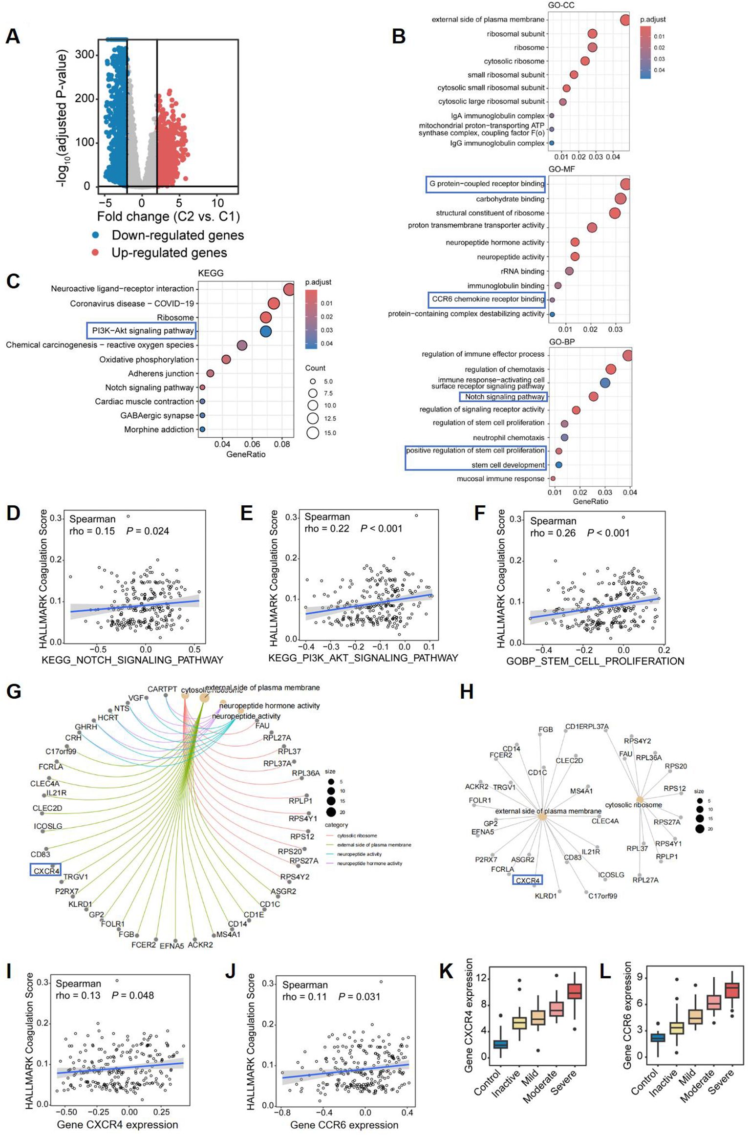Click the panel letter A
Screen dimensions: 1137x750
coord(13,36)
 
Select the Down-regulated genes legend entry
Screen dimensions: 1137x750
coord(177,235)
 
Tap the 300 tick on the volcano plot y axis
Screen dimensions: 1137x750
coord(85,54)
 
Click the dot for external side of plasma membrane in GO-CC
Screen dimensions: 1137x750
coord(624,20)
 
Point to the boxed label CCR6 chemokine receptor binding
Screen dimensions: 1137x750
coord(487,299)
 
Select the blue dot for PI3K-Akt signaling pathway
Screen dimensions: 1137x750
coord(265,331)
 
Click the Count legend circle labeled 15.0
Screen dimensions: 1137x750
coord(313,433)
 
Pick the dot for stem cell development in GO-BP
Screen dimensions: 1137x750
coord(558,465)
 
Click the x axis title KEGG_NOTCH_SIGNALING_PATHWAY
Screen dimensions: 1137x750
coord(132,660)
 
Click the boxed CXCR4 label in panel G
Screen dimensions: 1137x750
coord(46,871)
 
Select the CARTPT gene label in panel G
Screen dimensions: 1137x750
coord(162,689)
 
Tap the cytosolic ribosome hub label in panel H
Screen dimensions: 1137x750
coord(633,805)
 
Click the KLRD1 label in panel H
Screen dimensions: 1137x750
coord(545,896)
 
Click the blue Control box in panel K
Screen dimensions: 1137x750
coord(500,1044)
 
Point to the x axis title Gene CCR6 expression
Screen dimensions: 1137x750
coord(344,1125)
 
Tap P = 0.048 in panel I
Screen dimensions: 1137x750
coord(132,995)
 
